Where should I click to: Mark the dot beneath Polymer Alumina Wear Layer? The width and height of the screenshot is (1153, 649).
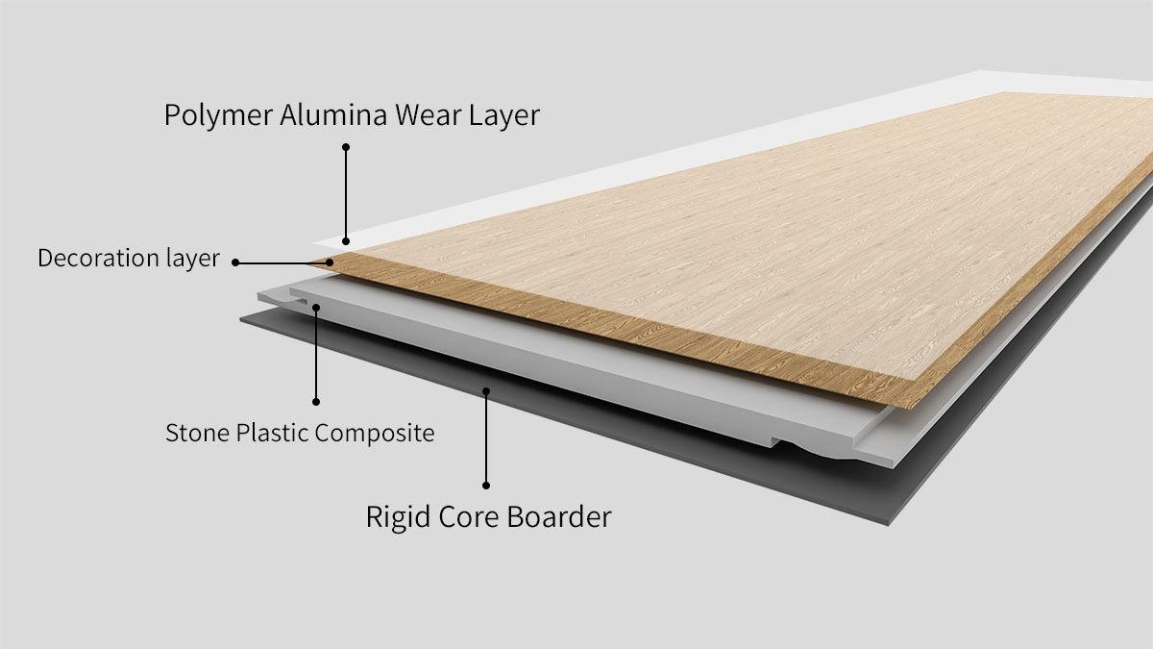346,147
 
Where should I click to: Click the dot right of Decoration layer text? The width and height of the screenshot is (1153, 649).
235,262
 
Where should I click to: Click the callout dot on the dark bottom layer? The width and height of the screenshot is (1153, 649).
486,391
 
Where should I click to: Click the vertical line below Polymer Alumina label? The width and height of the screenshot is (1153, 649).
346,192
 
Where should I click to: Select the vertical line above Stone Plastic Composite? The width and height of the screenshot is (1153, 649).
316,356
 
